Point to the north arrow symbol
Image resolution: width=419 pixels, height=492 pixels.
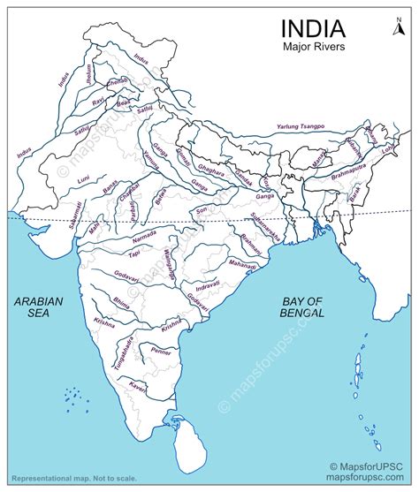(398, 27)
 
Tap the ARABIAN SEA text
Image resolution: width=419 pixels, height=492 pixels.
(39, 307)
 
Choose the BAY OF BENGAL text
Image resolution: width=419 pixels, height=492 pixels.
(297, 307)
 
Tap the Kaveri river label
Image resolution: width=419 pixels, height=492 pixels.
(137, 387)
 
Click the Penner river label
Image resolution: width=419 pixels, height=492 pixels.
(185, 353)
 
